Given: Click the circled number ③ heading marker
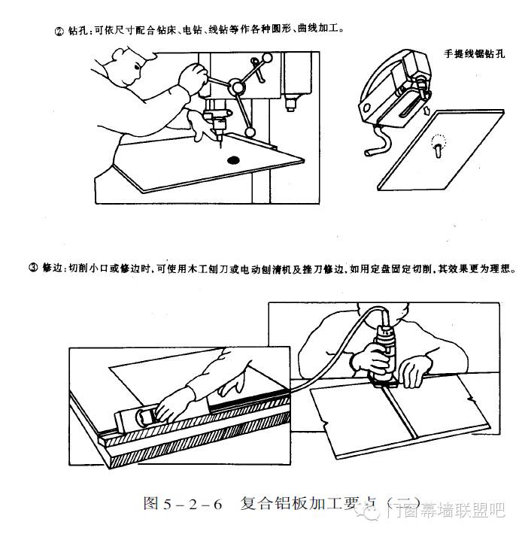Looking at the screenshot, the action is point(34,268).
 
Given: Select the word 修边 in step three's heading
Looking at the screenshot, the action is point(52,268).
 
